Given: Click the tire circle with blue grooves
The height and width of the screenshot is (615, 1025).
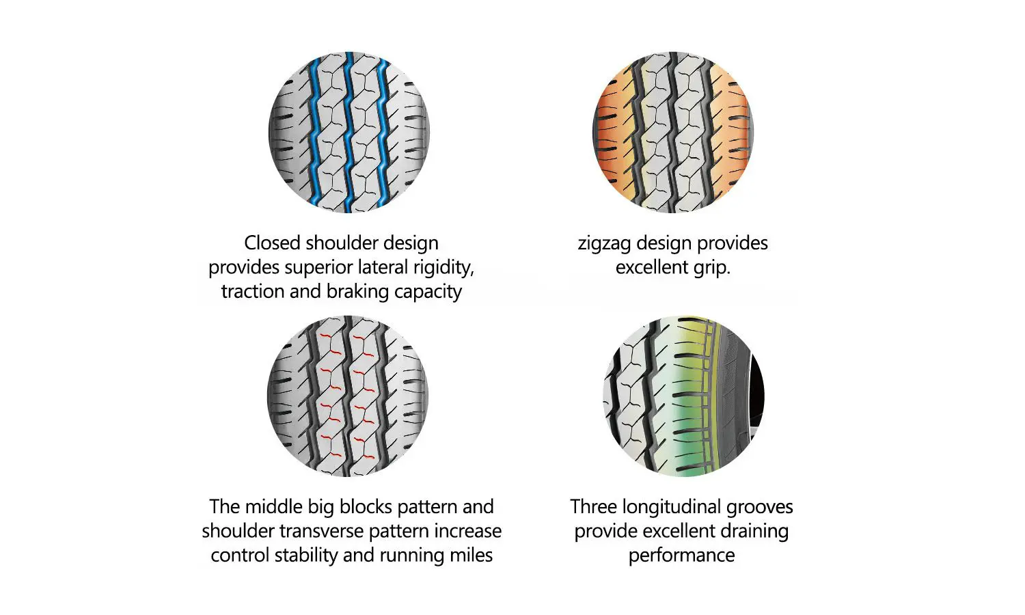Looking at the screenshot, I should (x=348, y=132).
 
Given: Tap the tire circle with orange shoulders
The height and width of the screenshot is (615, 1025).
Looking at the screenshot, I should (x=673, y=132).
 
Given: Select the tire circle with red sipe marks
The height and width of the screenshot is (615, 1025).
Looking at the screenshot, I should (x=348, y=396).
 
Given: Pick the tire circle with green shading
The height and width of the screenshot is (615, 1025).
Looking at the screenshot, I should (x=683, y=396).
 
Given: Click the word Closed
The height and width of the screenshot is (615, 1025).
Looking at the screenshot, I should (x=273, y=243).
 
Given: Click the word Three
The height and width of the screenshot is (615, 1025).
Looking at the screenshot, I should (x=594, y=507).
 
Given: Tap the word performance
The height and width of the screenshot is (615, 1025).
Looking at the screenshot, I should (x=681, y=556).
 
